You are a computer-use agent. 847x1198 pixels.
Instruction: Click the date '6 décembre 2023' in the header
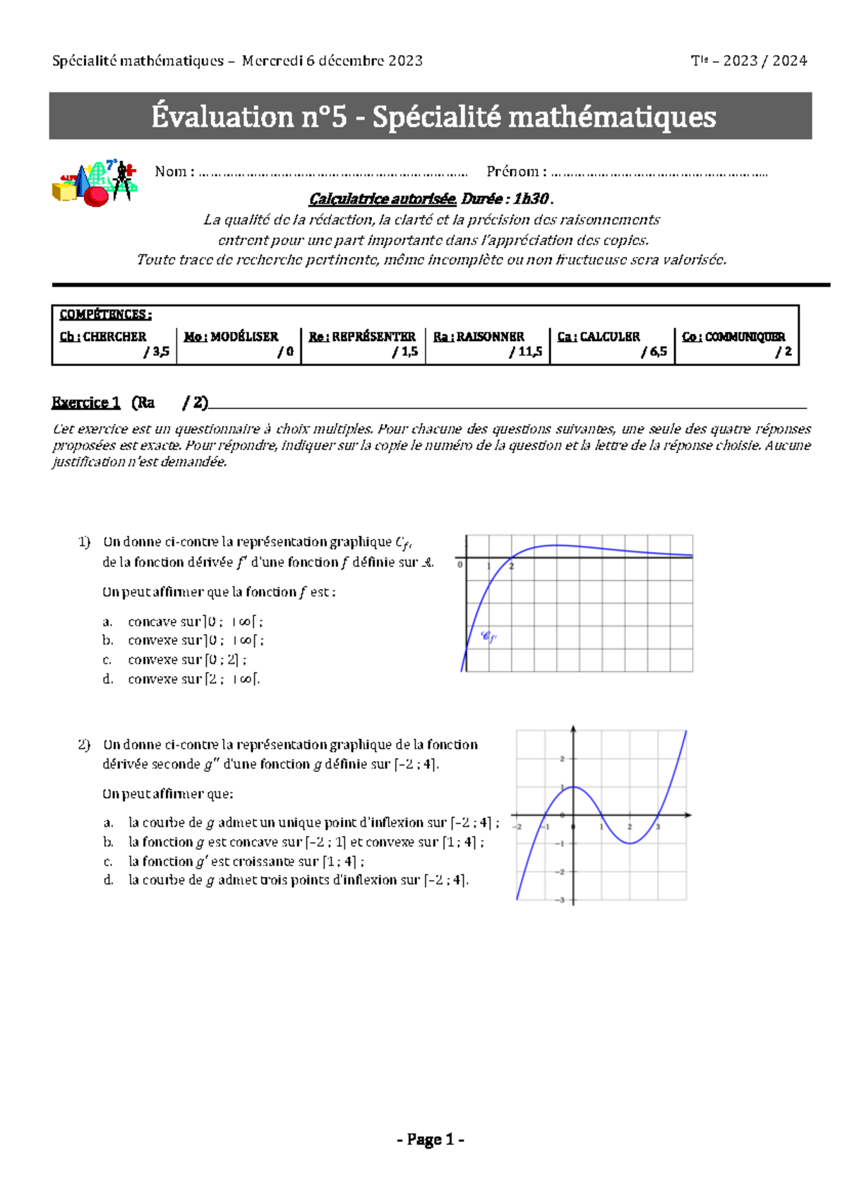(x=364, y=61)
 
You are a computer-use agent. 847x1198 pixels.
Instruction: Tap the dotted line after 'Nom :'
(x=333, y=173)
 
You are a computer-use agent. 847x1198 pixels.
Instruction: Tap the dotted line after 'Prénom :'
(x=659, y=173)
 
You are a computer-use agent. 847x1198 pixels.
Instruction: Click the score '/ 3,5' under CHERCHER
(x=157, y=352)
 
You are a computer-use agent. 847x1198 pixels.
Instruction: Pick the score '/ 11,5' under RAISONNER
(x=526, y=352)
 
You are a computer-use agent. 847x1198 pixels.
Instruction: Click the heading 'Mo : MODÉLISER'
(x=231, y=337)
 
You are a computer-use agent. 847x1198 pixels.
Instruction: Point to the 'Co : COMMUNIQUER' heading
(x=733, y=337)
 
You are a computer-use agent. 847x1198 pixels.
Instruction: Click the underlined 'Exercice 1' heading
(x=85, y=403)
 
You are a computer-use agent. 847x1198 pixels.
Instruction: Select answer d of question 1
(x=184, y=679)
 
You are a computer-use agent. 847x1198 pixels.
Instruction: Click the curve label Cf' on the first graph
(x=488, y=636)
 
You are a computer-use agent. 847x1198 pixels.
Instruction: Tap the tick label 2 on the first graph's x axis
(x=512, y=567)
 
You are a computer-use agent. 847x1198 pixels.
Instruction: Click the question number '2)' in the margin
(x=84, y=745)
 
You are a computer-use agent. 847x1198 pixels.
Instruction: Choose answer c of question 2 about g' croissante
(x=240, y=861)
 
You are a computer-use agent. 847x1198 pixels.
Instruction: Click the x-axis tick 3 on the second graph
(x=658, y=826)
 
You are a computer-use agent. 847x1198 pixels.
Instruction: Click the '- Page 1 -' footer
(x=430, y=1139)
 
